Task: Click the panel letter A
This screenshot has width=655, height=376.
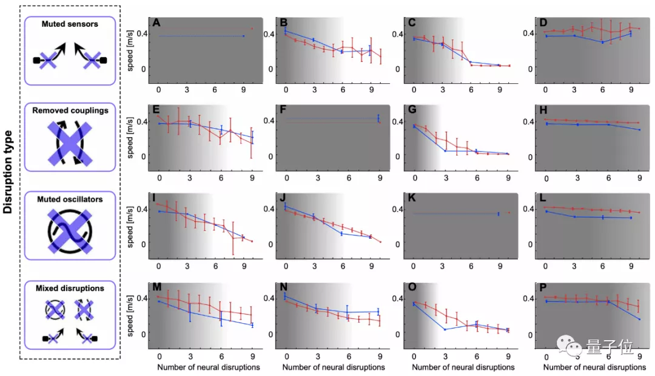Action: pos(156,23)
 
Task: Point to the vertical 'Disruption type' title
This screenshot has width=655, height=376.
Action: pos(8,183)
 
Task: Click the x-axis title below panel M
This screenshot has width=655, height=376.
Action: pos(209,367)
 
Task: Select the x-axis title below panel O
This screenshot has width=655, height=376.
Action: pos(463,367)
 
